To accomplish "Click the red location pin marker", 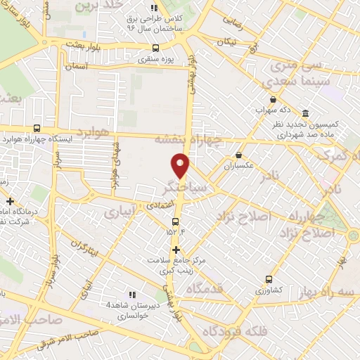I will pyautogui.click(x=181, y=166).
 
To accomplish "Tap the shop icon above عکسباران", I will pyautogui.click(x=238, y=155).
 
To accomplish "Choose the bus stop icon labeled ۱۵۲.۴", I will pyautogui.click(x=176, y=221).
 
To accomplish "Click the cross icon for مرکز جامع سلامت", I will pyautogui.click(x=176, y=250).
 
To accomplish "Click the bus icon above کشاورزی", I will pyautogui.click(x=269, y=279).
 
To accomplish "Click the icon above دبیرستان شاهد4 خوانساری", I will pyautogui.click(x=131, y=295).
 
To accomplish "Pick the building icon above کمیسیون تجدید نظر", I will pyautogui.click(x=305, y=113).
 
